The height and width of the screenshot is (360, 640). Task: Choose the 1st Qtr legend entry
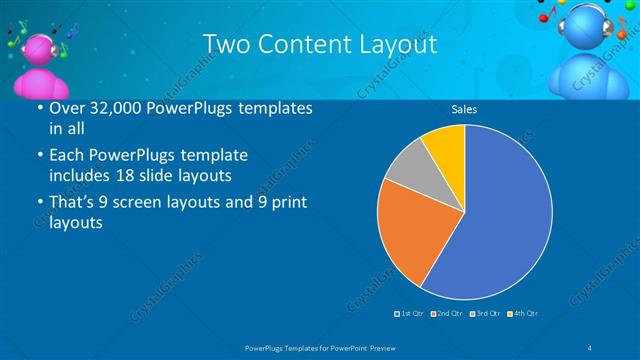[410, 314]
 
